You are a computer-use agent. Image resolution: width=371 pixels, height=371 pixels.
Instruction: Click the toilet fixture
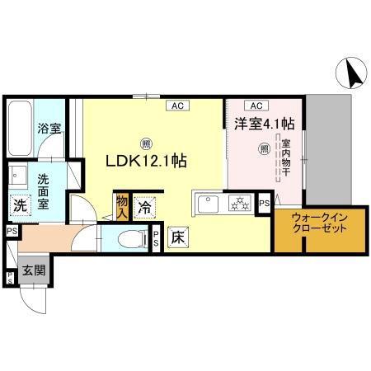coord(129,239)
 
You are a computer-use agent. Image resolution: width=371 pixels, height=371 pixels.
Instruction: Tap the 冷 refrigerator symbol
coord(145,206)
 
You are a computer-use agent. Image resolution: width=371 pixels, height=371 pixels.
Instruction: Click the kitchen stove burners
coord(240,202)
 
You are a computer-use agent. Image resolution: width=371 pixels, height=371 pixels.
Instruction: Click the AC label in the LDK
coord(176,106)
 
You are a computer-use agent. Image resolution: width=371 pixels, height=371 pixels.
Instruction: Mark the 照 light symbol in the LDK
coord(145,141)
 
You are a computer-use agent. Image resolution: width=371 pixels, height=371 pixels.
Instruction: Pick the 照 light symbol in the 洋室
coord(264,149)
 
